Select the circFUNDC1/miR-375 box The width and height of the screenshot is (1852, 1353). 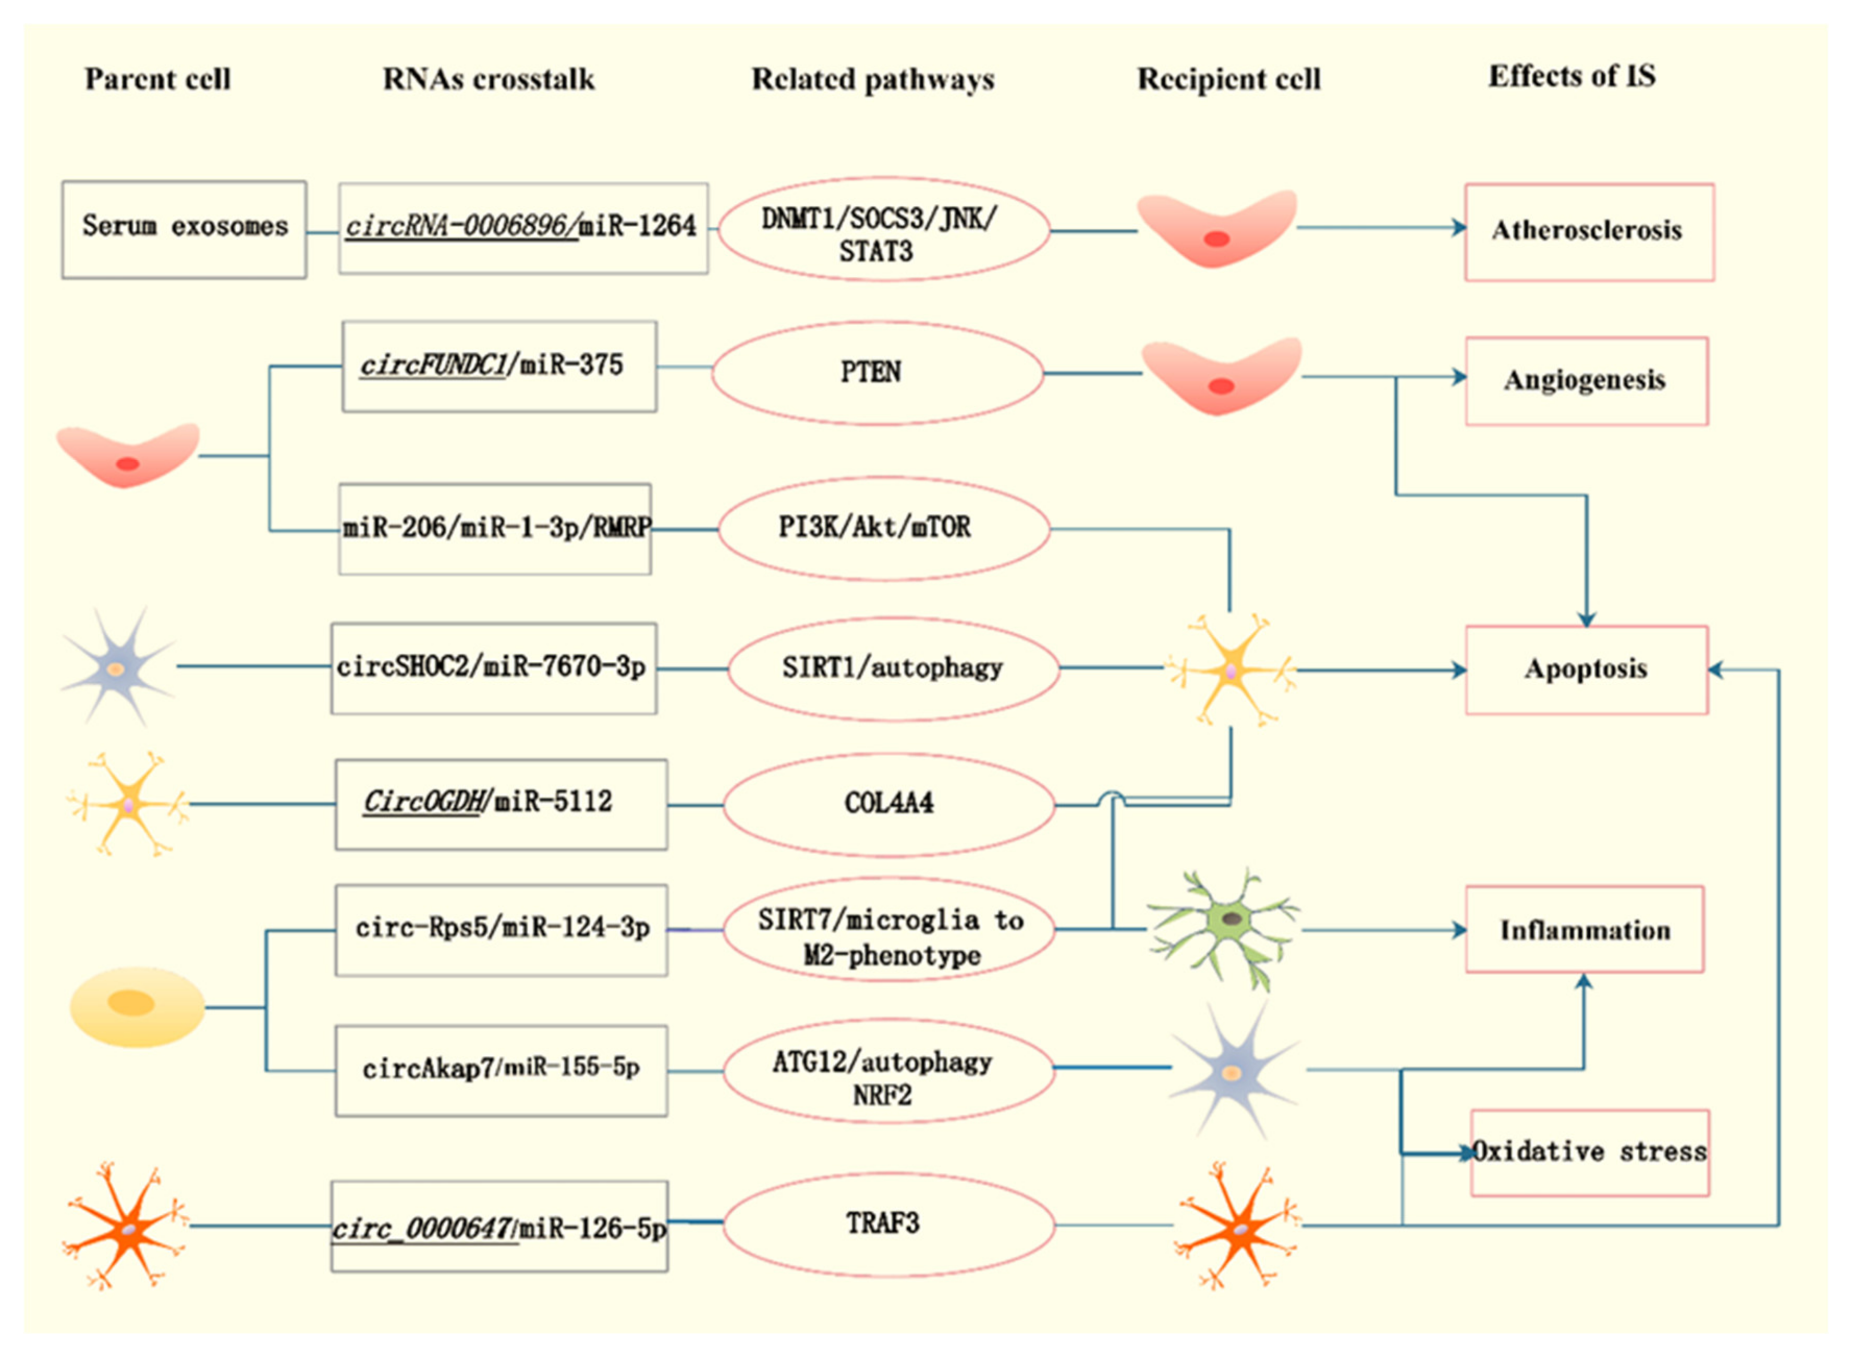point(499,366)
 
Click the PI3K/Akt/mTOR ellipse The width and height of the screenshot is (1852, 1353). point(884,529)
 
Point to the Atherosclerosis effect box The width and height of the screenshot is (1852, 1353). point(1589,232)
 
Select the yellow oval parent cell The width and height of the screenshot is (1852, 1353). point(137,1007)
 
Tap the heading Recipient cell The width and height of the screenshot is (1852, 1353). point(1228,79)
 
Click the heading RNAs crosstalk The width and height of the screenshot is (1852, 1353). point(489,79)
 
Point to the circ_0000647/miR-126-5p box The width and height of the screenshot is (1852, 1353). point(499,1226)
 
